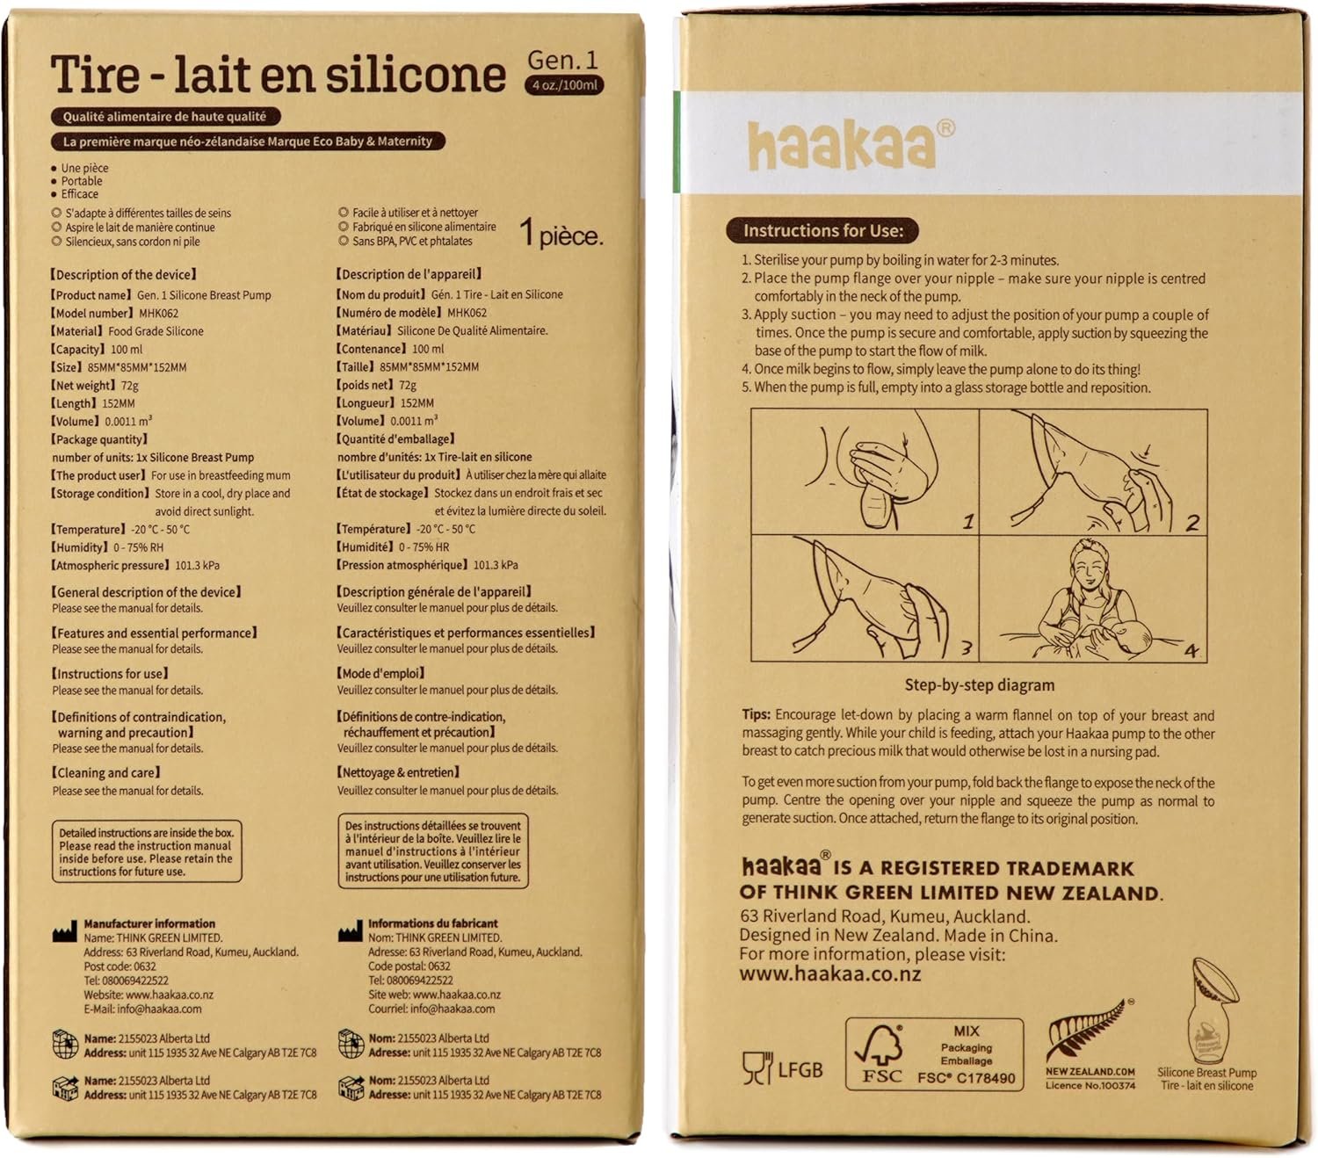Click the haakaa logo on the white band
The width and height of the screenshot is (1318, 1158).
pos(851,144)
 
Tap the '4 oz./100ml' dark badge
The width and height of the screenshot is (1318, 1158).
pos(564,85)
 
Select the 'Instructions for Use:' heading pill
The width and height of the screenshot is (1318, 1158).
pos(822,231)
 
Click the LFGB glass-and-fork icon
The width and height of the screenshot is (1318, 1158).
pos(757,1068)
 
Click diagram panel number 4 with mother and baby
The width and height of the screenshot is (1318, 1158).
pos(1093,597)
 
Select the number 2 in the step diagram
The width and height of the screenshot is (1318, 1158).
pos(1191,523)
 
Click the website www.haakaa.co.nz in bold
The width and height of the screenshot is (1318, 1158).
pos(829,973)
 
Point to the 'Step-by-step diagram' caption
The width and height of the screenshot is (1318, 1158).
pos(979,685)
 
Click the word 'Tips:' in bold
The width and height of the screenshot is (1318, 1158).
pos(756,714)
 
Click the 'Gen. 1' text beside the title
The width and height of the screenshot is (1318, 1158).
pos(562,60)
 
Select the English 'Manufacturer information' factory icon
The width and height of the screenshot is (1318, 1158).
pos(64,933)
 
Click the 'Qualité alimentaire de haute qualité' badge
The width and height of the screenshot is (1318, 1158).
pos(165,117)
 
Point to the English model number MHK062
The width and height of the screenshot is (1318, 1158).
pos(159,313)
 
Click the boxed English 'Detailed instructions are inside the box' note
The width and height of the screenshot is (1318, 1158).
pos(147,851)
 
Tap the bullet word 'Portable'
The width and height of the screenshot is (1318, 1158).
pos(82,181)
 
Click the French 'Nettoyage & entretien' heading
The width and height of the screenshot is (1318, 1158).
pos(398,772)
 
